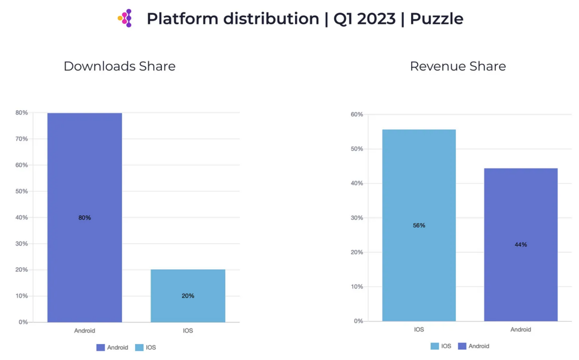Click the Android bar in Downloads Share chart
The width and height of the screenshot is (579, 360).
(84, 170)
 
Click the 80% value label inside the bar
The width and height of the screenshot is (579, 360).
(84, 218)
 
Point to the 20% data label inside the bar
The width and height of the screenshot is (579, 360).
(188, 296)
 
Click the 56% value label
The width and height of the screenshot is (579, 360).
(419, 225)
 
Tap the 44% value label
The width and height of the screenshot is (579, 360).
(521, 245)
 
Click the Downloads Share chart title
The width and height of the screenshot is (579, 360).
(119, 66)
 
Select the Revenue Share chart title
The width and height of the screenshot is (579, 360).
(457, 66)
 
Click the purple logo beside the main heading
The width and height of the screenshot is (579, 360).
(126, 18)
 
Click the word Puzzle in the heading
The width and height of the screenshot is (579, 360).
(437, 19)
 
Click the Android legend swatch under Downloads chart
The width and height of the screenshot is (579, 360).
(101, 348)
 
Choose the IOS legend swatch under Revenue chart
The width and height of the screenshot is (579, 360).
(435, 346)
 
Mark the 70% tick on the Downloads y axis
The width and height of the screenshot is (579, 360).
(21, 139)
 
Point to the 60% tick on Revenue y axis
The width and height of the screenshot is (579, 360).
(356, 115)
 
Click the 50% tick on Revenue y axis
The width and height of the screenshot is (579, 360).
(356, 149)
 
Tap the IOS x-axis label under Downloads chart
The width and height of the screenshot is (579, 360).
(188, 331)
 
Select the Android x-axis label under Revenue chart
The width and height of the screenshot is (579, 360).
(521, 329)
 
